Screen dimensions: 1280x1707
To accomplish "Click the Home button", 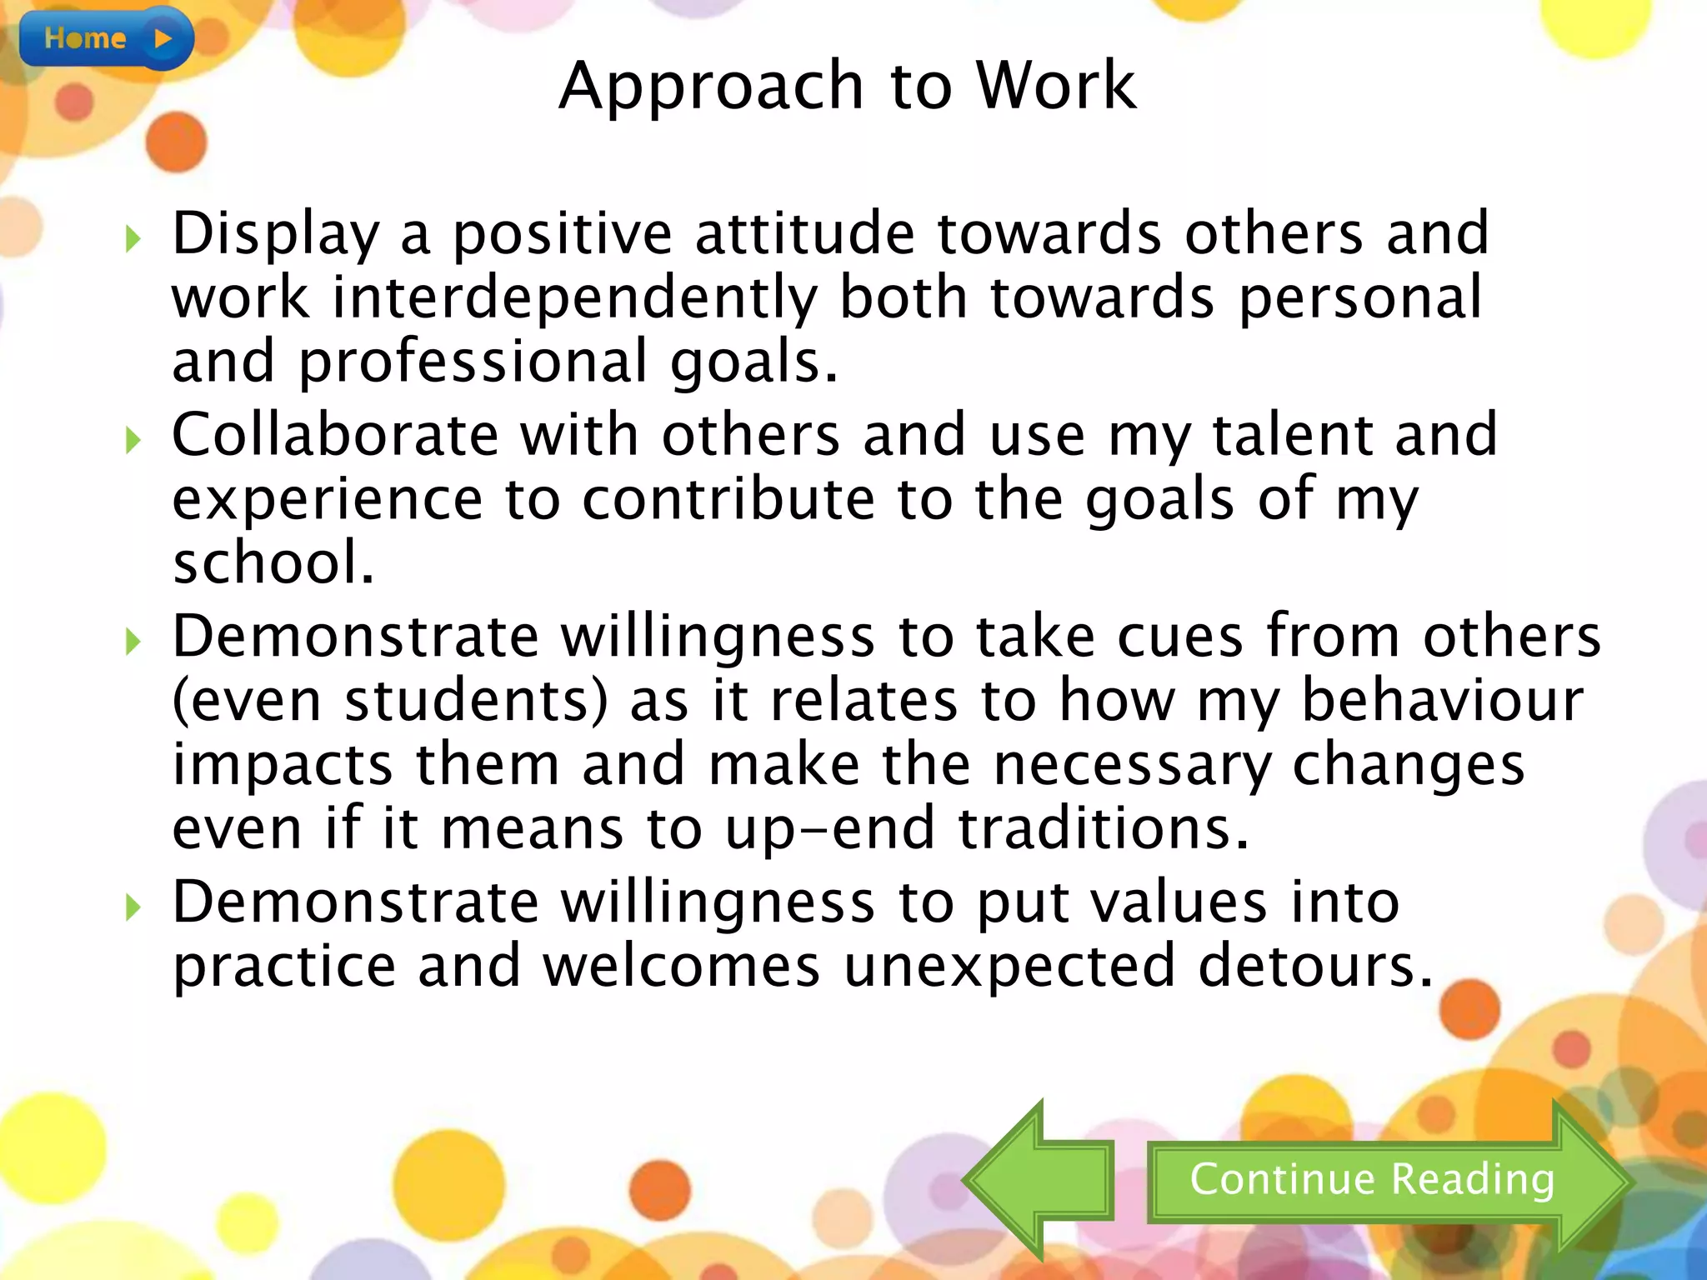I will click(106, 38).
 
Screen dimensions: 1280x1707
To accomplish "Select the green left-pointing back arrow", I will click(1038, 1180).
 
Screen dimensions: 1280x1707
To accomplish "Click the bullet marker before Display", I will click(133, 239).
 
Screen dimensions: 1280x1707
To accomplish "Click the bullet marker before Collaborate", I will click(133, 440).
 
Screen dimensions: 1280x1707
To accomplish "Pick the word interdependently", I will click(575, 298).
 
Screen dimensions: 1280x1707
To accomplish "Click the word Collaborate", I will click(335, 435).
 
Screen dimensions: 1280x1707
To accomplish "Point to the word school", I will click(273, 562).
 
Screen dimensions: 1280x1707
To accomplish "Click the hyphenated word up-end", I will click(829, 830).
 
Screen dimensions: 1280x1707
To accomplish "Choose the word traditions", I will click(1104, 828).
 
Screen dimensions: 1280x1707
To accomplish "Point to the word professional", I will click(473, 362).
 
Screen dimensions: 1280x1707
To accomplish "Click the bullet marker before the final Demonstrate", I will click(133, 907).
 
